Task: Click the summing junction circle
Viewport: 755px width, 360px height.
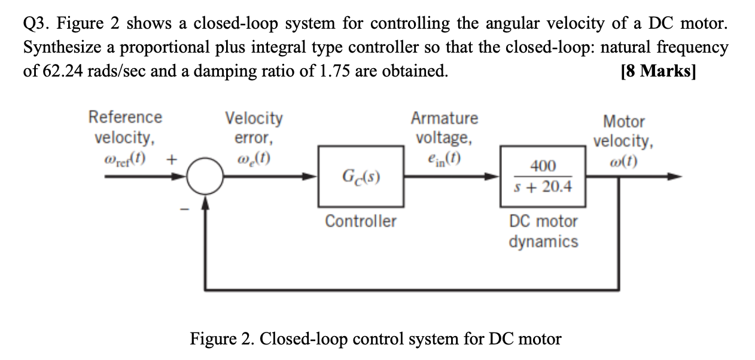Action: (x=206, y=176)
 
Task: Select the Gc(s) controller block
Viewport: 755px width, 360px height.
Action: (x=361, y=176)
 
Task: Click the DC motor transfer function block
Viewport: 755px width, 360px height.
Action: (x=543, y=176)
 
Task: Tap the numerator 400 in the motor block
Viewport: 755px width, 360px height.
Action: (x=543, y=166)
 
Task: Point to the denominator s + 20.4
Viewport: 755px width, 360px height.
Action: (x=543, y=187)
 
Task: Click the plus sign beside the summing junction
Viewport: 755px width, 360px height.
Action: (x=172, y=160)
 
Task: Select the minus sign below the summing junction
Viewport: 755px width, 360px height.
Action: (x=185, y=209)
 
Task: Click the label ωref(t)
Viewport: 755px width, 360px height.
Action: (x=124, y=160)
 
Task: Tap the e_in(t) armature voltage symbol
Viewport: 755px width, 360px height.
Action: (x=443, y=159)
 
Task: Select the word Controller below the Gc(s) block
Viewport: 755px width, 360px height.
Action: (x=360, y=221)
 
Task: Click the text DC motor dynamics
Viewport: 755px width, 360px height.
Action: (x=543, y=231)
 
